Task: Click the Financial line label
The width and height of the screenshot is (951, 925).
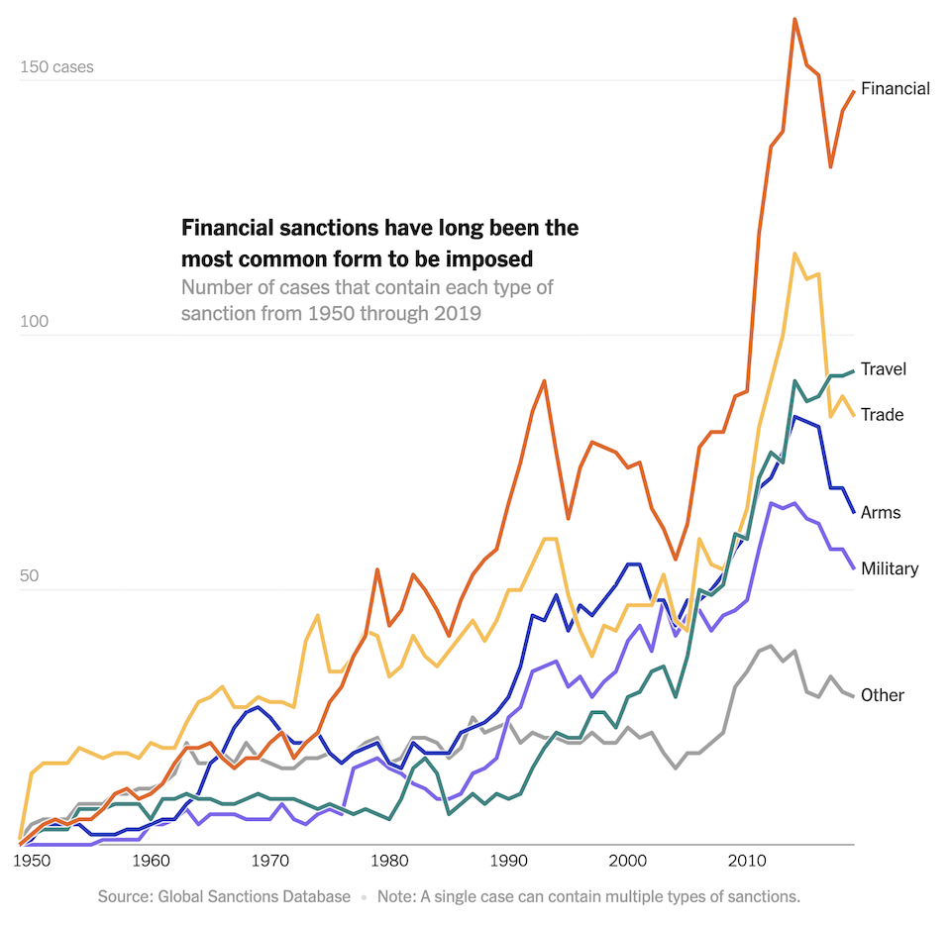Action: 895,88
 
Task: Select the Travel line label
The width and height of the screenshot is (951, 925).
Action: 883,368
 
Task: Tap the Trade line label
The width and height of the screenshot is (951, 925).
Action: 882,414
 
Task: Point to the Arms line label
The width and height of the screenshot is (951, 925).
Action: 881,512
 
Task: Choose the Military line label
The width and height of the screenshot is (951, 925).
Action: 890,567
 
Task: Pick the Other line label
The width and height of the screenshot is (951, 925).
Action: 882,695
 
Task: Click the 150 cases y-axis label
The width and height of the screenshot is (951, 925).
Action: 57,67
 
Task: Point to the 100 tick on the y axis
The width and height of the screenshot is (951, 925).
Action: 36,323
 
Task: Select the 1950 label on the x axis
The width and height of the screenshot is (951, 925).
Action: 32,861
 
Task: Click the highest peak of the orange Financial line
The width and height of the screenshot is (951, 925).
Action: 794,19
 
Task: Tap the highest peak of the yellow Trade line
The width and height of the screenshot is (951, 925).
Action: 794,254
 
